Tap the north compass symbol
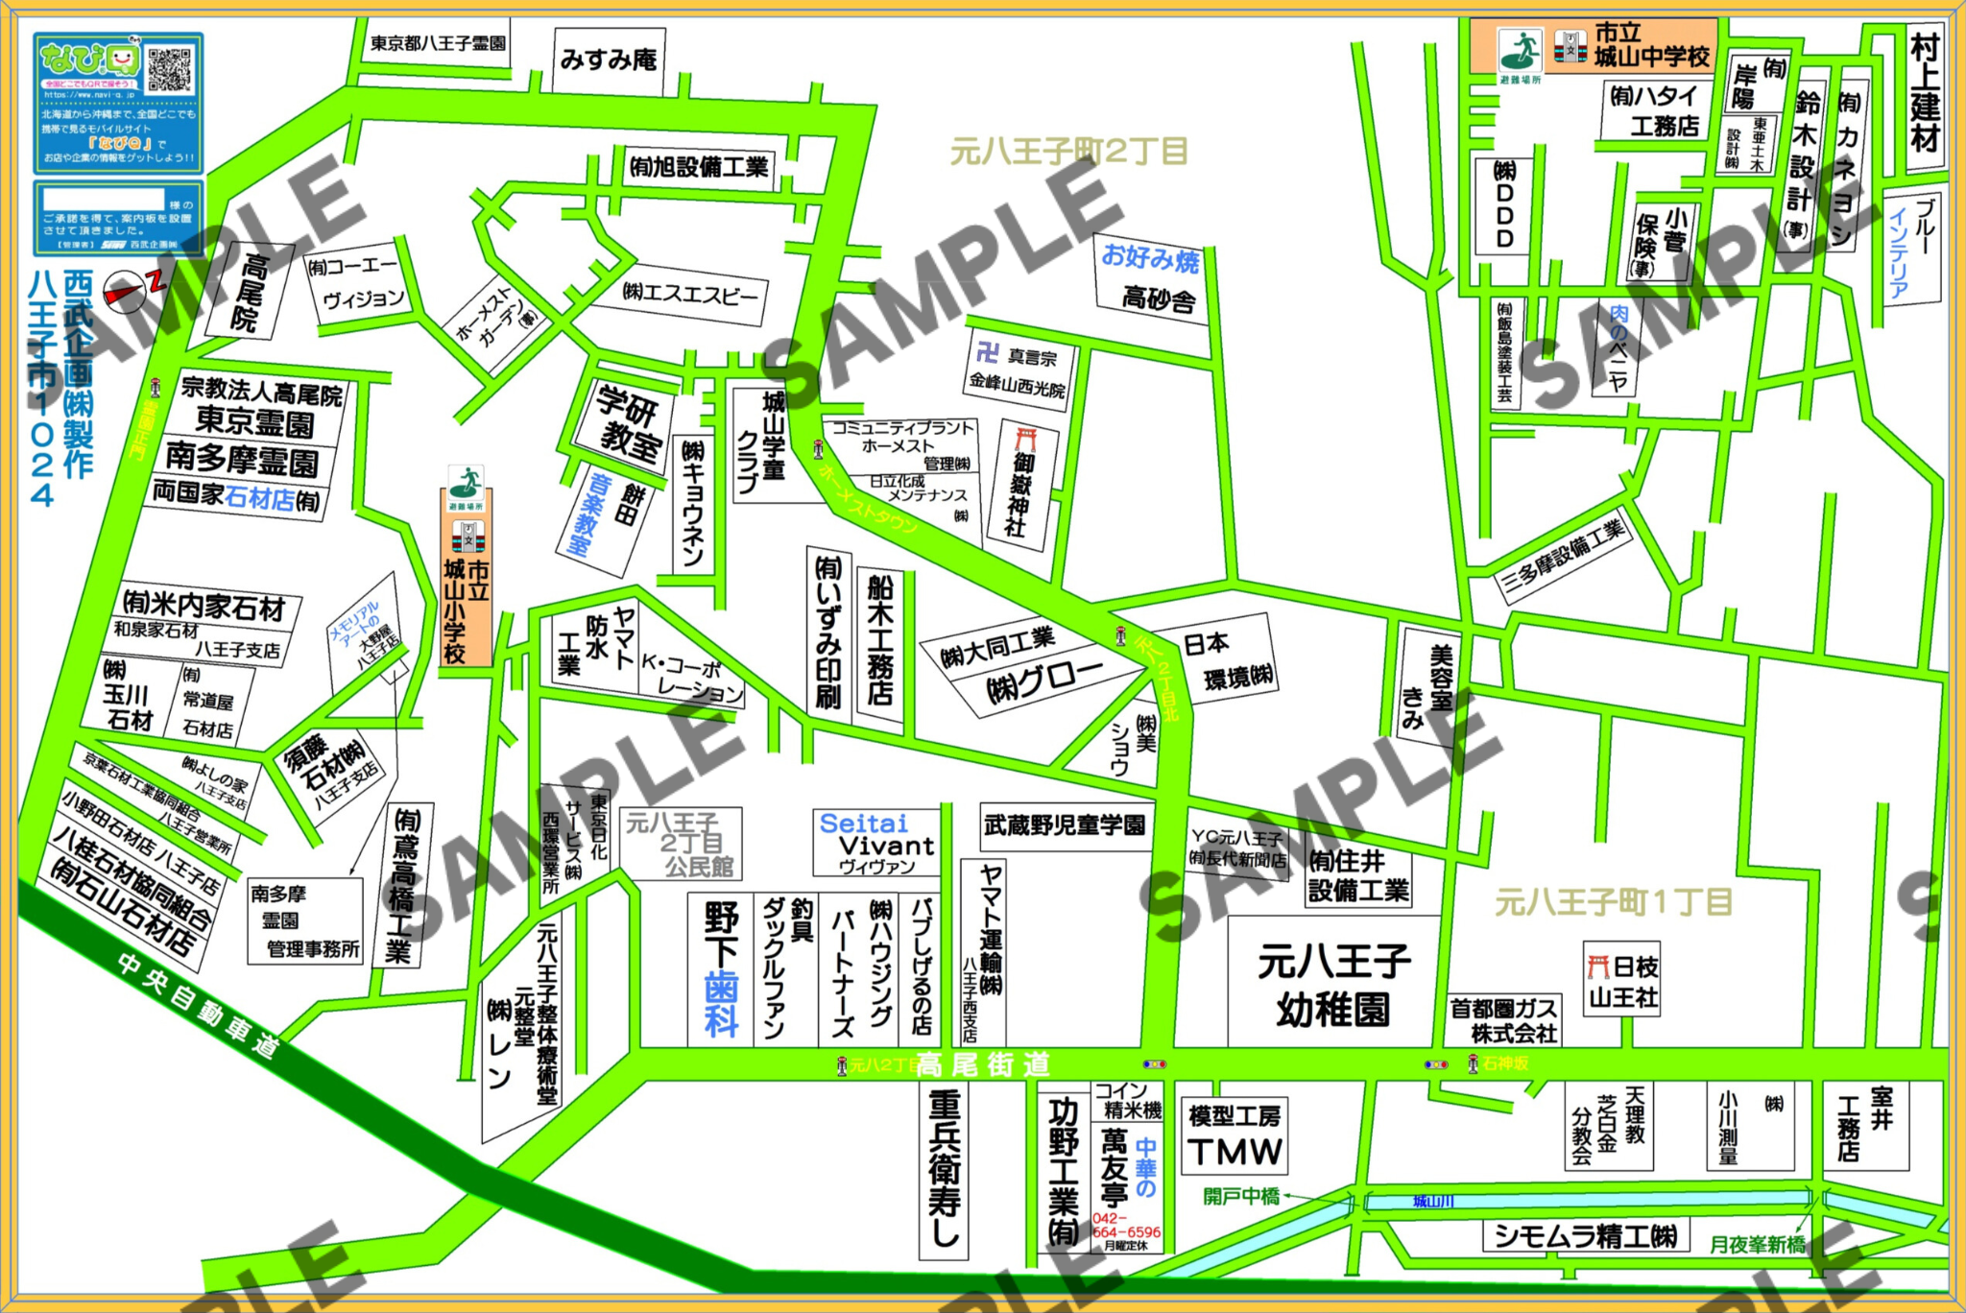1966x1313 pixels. tap(127, 291)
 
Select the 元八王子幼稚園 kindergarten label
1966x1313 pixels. tap(1333, 984)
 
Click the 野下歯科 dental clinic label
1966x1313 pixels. tap(721, 969)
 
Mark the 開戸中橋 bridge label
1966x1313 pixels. tap(1241, 1196)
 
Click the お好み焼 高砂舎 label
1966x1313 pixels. tap(1152, 278)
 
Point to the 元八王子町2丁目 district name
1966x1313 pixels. tap(1068, 152)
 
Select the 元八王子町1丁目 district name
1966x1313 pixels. tap(1613, 902)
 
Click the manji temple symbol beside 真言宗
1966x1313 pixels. tap(987, 353)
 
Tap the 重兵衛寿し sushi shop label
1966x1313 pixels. tap(944, 1171)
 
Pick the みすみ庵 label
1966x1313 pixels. tap(609, 60)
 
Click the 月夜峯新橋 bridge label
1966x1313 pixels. tap(1757, 1245)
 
